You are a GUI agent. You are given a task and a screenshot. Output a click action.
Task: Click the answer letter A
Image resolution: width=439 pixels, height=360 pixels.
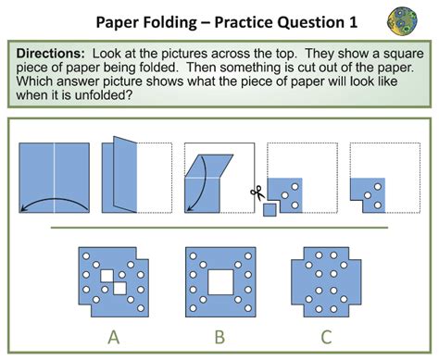[113, 336]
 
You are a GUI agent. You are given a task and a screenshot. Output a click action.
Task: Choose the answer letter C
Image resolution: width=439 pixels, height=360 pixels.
[326, 336]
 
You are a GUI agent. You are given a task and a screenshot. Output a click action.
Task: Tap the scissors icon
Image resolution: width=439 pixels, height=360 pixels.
[258, 192]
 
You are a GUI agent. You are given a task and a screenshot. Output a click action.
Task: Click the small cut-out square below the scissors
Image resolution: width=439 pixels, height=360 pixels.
[270, 210]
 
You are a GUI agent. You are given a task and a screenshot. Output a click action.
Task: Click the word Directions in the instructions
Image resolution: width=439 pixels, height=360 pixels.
[52, 56]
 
